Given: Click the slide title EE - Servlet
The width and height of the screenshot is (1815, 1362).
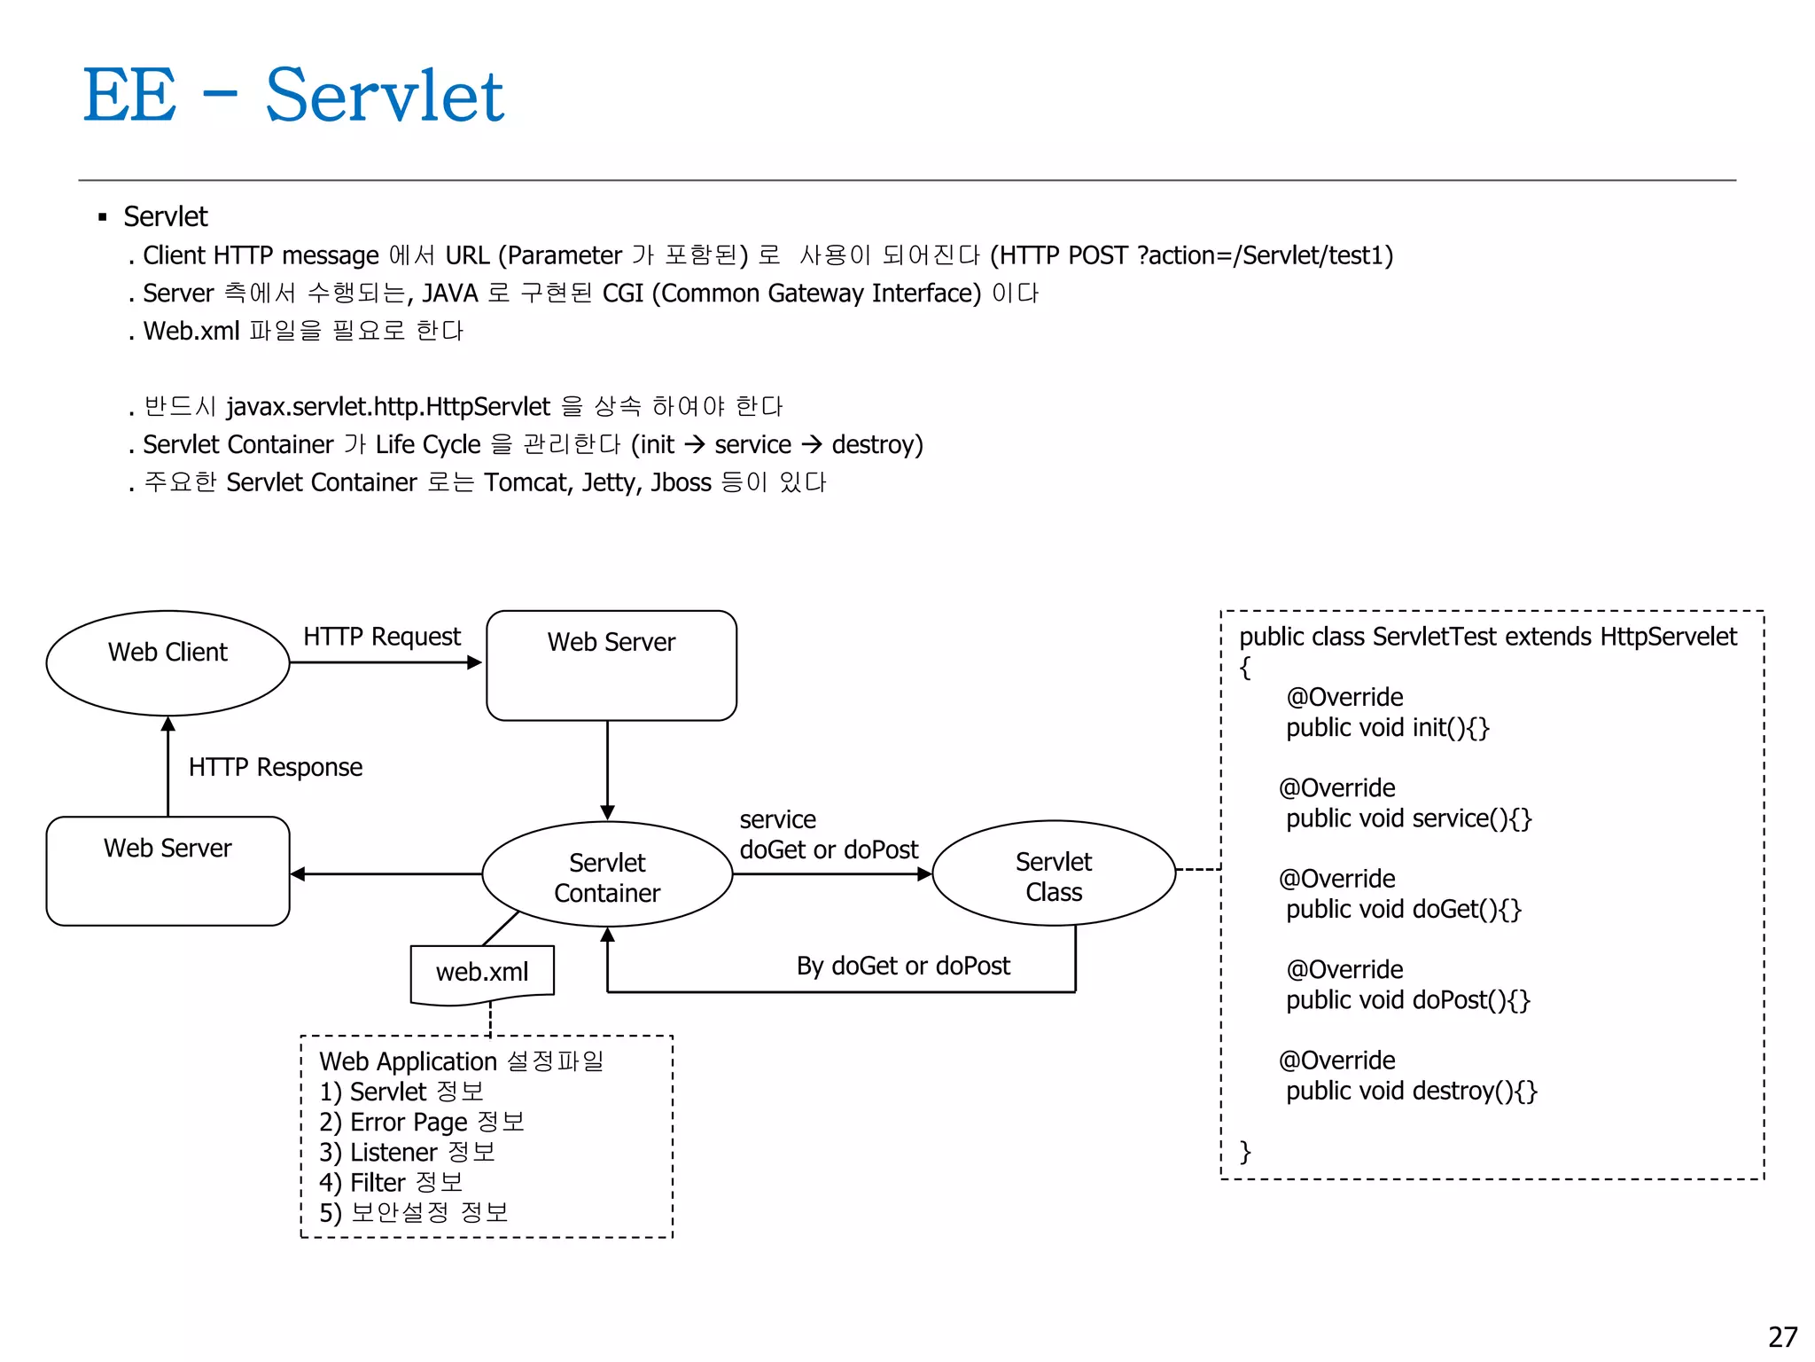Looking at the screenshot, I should coord(292,95).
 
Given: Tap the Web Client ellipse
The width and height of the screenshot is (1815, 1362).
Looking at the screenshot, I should coord(167,662).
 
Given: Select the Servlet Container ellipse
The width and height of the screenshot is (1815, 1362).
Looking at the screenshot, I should coord(607,875).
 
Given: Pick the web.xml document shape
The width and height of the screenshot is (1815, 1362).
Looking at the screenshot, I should coord(482,973).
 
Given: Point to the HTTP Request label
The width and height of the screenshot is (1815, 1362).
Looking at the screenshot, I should coord(382,637).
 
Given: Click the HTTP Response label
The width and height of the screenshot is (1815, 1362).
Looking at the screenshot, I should coord(275,767).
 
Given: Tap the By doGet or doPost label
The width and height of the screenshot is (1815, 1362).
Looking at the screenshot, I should coord(902,966).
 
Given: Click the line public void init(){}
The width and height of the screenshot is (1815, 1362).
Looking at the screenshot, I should coord(1387,728).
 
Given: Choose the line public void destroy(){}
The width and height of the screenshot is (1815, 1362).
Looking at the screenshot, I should coord(1411,1091).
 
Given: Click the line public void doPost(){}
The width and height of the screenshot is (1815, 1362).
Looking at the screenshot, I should coord(1407,1000).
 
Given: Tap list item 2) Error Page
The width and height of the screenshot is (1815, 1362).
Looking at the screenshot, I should coord(422,1123).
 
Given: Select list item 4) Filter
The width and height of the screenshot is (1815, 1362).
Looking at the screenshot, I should coord(391,1183).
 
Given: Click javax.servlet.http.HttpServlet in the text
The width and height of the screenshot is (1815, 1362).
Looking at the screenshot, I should coord(388,407).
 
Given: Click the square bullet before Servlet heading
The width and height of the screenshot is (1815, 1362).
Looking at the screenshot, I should coord(103,217).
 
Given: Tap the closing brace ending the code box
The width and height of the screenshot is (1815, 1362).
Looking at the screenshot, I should coord(1245,1152).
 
